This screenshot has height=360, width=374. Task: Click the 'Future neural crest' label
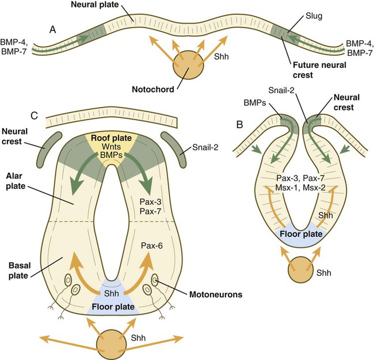[320, 70]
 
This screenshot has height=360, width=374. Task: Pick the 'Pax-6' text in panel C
[152, 246]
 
